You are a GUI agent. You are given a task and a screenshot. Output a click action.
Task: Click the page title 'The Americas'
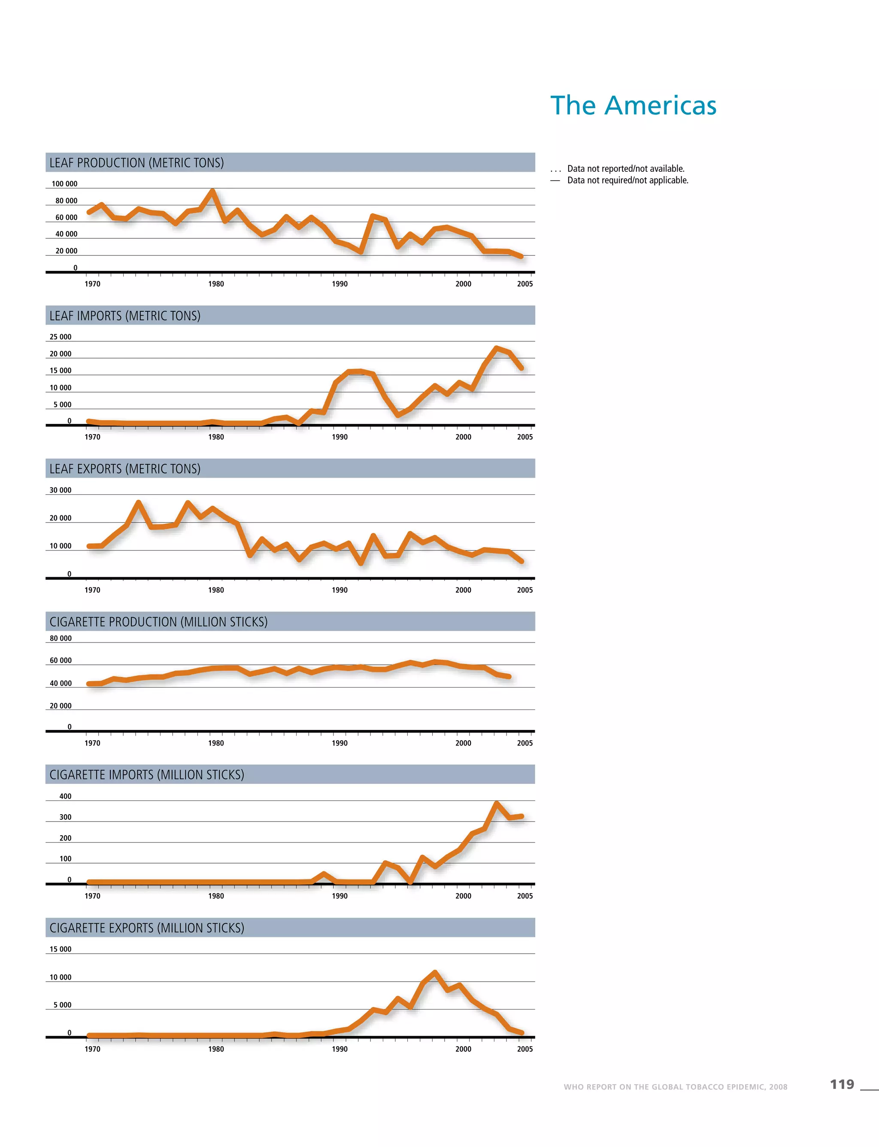(633, 105)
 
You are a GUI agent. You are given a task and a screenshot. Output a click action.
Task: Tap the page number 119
(842, 1084)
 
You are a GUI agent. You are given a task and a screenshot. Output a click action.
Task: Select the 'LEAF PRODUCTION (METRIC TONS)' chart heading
(136, 163)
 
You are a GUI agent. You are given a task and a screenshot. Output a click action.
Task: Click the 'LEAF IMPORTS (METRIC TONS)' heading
(125, 316)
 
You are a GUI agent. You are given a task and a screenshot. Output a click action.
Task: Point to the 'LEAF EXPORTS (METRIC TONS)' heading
(125, 469)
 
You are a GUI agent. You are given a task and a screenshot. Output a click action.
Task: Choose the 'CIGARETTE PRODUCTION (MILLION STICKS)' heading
(158, 621)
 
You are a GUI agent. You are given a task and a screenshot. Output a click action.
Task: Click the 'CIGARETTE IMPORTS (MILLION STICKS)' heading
(147, 774)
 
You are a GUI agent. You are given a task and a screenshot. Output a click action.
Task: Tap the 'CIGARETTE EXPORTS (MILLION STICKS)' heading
(147, 928)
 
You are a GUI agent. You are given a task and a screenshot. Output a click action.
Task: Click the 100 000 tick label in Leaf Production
(64, 184)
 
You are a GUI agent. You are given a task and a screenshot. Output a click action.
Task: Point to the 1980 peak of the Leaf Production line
(212, 191)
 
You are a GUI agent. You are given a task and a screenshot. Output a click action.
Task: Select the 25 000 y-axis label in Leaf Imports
(61, 337)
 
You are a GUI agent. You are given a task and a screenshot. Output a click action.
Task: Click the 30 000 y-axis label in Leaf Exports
(61, 490)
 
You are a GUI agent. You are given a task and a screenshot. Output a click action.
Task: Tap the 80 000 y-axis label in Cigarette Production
(61, 638)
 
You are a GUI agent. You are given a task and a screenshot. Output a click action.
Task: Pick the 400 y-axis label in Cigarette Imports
(65, 796)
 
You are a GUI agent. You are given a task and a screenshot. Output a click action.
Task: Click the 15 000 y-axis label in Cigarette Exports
(61, 949)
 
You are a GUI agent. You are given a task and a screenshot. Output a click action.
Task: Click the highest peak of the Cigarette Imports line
(497, 803)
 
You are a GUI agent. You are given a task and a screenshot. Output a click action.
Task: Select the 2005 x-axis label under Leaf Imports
(525, 437)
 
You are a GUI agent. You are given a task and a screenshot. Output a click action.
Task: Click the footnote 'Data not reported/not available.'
(626, 169)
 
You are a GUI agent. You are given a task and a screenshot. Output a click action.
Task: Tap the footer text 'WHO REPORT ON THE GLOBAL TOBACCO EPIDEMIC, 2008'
(675, 1087)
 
